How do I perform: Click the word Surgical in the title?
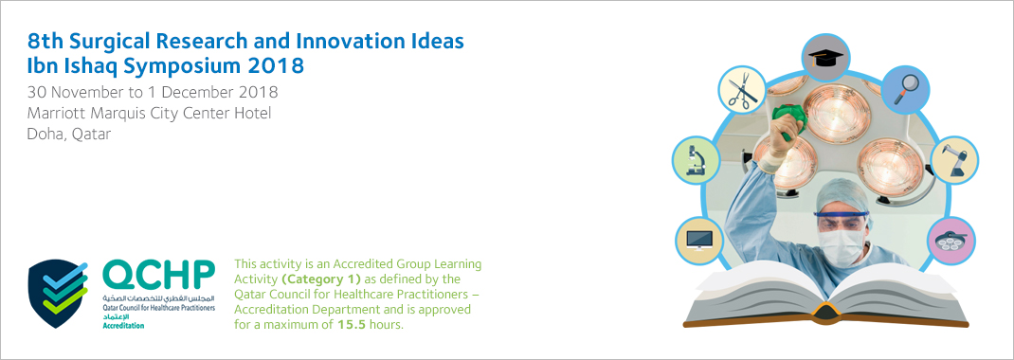[x=107, y=42]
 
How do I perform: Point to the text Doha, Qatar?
[x=69, y=135]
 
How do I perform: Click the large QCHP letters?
[x=159, y=276]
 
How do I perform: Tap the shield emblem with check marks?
[x=58, y=294]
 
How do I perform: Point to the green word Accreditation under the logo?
[x=123, y=325]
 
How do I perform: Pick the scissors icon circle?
[x=743, y=89]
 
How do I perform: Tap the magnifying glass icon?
[x=906, y=89]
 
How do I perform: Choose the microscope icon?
[x=697, y=159]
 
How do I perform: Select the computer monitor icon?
[x=699, y=240]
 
